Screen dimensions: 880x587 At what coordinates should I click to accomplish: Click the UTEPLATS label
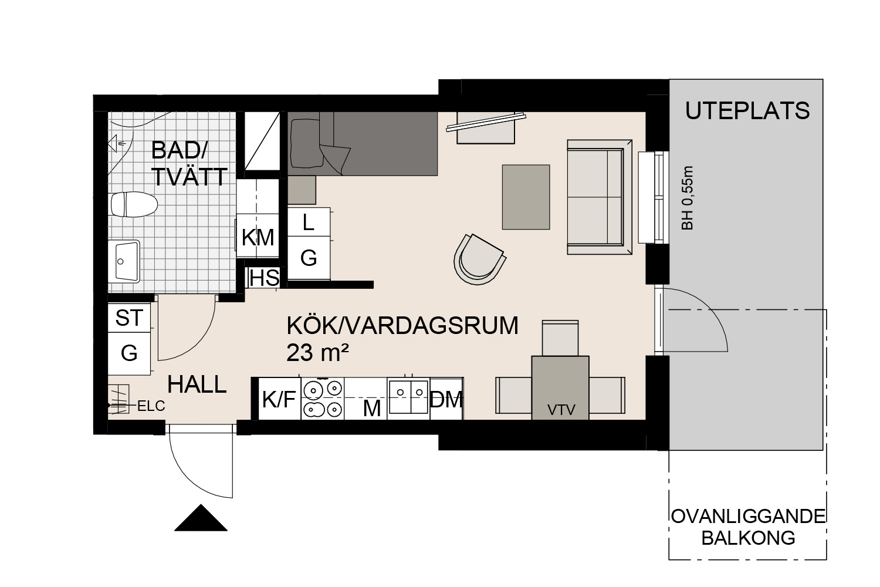pos(747,111)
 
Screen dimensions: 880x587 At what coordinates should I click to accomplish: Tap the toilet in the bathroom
pos(134,204)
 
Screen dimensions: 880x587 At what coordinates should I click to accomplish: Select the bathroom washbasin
pos(124,261)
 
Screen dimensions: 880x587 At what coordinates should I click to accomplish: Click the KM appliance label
pos(258,238)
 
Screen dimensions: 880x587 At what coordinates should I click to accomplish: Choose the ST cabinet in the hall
pos(129,318)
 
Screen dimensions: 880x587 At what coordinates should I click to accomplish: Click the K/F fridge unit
pos(279,399)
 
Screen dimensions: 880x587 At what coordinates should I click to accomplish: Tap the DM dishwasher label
pos(446,400)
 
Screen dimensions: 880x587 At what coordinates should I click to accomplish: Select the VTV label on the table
pos(561,410)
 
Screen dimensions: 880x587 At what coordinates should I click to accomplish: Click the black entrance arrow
pos(201,518)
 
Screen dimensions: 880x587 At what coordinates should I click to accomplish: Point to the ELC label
pos(151,406)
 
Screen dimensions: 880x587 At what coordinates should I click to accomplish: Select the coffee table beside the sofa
pos(526,197)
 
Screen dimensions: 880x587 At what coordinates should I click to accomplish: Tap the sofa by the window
pos(600,197)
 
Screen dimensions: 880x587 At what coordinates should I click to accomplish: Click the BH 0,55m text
pos(688,198)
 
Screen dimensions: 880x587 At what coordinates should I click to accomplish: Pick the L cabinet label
pos(309,222)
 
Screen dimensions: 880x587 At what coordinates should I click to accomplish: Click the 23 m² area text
pos(317,353)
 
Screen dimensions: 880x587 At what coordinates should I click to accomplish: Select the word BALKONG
pos(748,538)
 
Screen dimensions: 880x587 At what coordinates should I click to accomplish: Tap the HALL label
pos(197,384)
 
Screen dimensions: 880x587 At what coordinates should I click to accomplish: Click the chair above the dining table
pos(560,338)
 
